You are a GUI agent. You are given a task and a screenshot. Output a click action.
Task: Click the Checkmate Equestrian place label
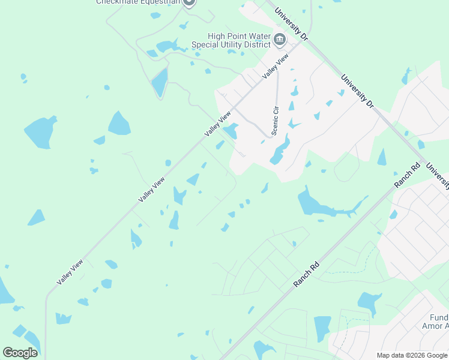coord(137,2)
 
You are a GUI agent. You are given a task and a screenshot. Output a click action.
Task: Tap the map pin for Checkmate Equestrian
coord(189,2)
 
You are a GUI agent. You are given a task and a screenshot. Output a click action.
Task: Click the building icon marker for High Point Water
coord(280,40)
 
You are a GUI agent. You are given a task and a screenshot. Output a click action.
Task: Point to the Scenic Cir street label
coord(276,121)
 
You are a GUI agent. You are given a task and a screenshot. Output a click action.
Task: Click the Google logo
coord(20,352)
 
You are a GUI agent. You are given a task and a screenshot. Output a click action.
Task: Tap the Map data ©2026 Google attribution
coord(412,355)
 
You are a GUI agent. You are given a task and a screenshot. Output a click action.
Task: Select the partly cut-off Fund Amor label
coord(439,322)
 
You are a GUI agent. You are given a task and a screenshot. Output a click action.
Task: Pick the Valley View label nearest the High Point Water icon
coord(276,66)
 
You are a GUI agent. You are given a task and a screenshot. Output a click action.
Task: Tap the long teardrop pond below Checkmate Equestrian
coord(160,82)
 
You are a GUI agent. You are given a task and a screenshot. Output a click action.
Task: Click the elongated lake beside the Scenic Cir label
coord(280,150)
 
